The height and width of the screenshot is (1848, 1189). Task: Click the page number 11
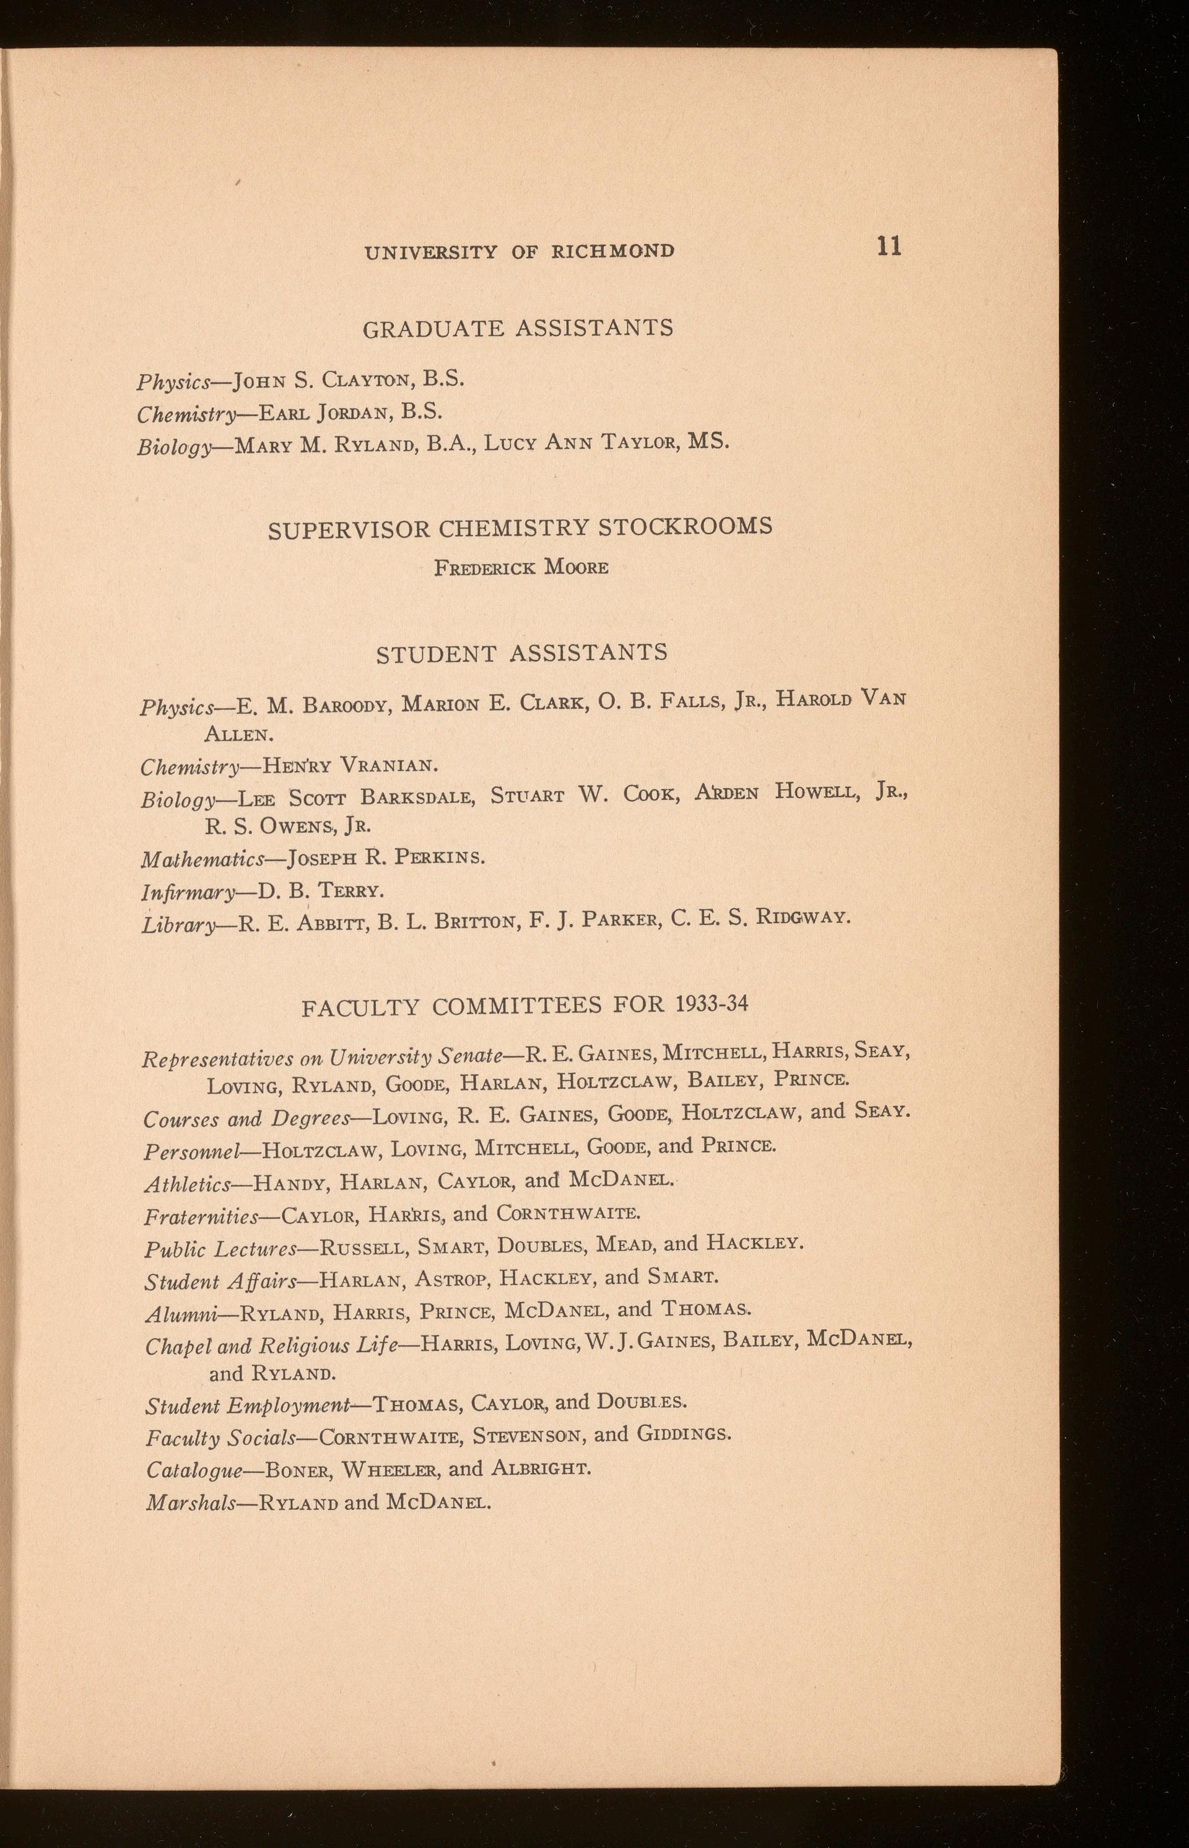[889, 246]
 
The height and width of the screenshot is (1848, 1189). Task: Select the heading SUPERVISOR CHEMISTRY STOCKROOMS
[520, 528]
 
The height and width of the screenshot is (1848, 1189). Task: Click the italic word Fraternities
[201, 1217]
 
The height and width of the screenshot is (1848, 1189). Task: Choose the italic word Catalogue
[194, 1470]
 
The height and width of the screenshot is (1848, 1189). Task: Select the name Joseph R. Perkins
[386, 857]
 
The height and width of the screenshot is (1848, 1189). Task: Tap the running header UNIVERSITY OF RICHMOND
[520, 251]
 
